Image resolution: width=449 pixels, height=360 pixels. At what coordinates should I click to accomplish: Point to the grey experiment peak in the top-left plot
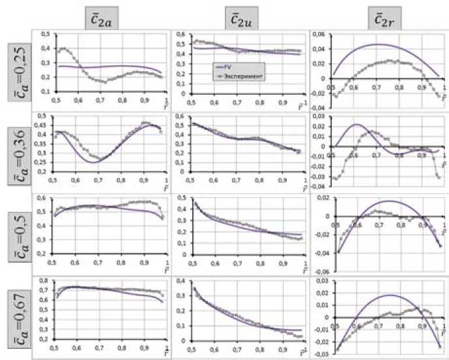point(65,49)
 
